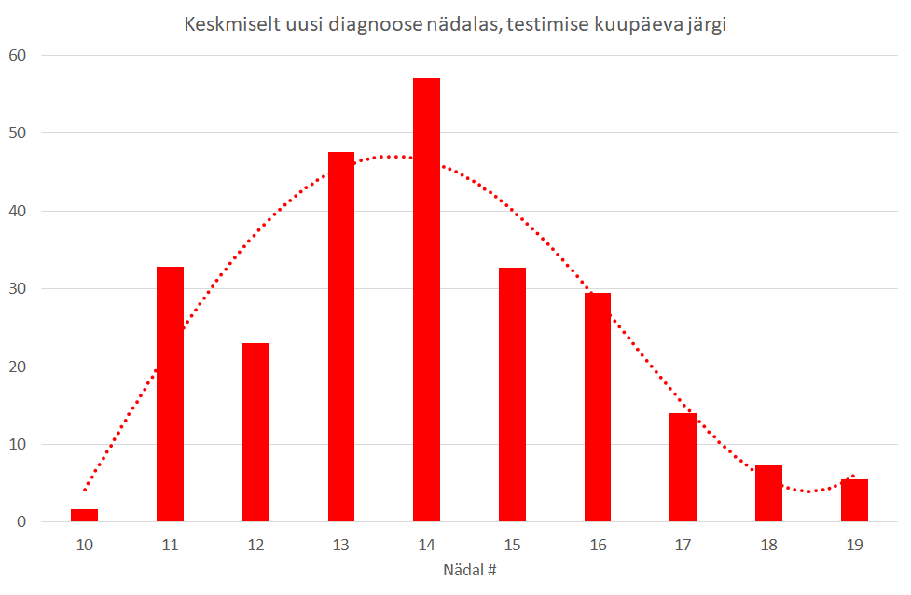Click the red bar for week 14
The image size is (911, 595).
(426, 299)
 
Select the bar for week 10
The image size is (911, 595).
(84, 515)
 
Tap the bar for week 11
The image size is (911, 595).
(170, 394)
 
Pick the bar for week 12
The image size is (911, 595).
(255, 432)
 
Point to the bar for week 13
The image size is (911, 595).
(341, 336)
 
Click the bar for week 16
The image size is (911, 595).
(598, 407)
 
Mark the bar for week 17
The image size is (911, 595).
(683, 466)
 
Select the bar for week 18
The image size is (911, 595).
(768, 492)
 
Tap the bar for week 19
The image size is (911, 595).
(854, 500)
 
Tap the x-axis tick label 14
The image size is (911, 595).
(426, 544)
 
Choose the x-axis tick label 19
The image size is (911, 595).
(854, 544)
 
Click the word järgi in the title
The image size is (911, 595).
(705, 25)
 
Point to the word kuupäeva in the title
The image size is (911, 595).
(632, 25)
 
